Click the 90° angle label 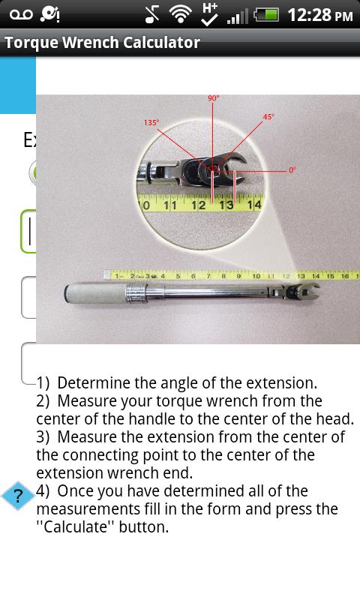(213, 98)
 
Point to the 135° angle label (151, 122)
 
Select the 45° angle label (268, 117)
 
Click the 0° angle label (292, 170)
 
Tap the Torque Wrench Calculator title (102, 43)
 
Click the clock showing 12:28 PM (319, 15)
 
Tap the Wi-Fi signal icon (180, 14)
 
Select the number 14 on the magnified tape (253, 204)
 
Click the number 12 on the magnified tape (198, 204)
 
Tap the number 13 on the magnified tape (226, 204)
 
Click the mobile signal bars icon (237, 15)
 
